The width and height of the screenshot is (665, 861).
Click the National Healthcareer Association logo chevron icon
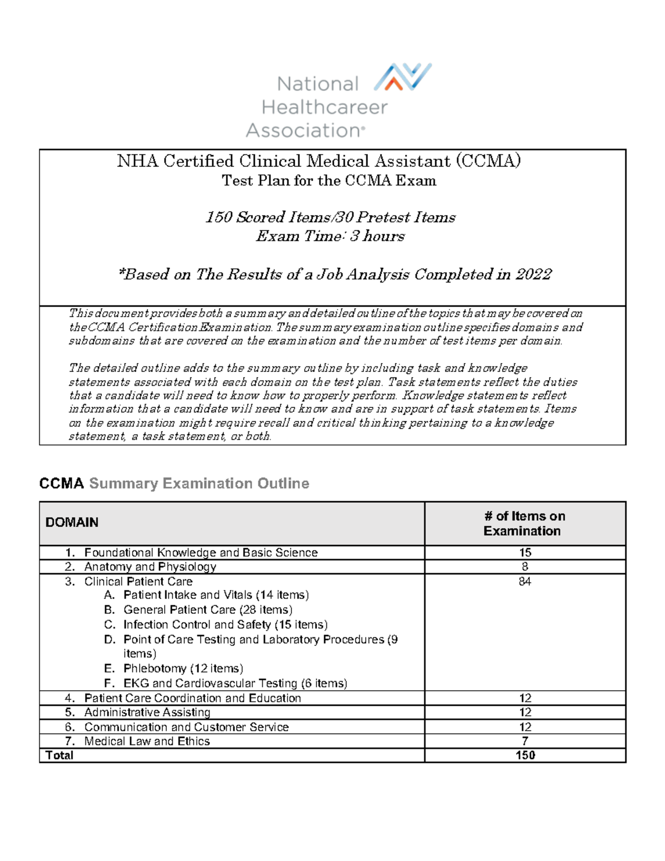403,77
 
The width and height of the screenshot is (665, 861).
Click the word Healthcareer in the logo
324,107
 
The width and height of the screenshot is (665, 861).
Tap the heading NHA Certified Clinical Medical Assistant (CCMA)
319,161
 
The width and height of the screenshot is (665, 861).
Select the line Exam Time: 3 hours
330,236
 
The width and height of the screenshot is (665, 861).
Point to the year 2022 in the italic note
533,274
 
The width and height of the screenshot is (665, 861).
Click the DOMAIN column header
72,522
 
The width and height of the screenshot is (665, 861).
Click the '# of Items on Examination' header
524,523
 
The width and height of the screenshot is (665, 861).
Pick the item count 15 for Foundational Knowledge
525,552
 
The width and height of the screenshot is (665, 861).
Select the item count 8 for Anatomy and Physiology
525,567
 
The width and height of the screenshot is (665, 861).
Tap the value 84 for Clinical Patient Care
525,582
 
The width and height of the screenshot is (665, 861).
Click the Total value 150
525,755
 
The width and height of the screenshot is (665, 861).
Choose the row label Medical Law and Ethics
147,741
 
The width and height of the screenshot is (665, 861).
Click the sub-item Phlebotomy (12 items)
183,669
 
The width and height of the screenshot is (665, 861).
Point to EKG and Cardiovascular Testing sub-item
235,684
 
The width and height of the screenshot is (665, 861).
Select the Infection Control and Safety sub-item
225,625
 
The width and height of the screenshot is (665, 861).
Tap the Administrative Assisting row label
147,712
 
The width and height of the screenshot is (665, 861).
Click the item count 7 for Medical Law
525,741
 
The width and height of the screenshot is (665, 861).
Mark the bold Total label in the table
59,755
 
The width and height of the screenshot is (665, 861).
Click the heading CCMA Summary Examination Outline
174,483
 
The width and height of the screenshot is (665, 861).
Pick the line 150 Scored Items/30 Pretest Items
330,217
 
